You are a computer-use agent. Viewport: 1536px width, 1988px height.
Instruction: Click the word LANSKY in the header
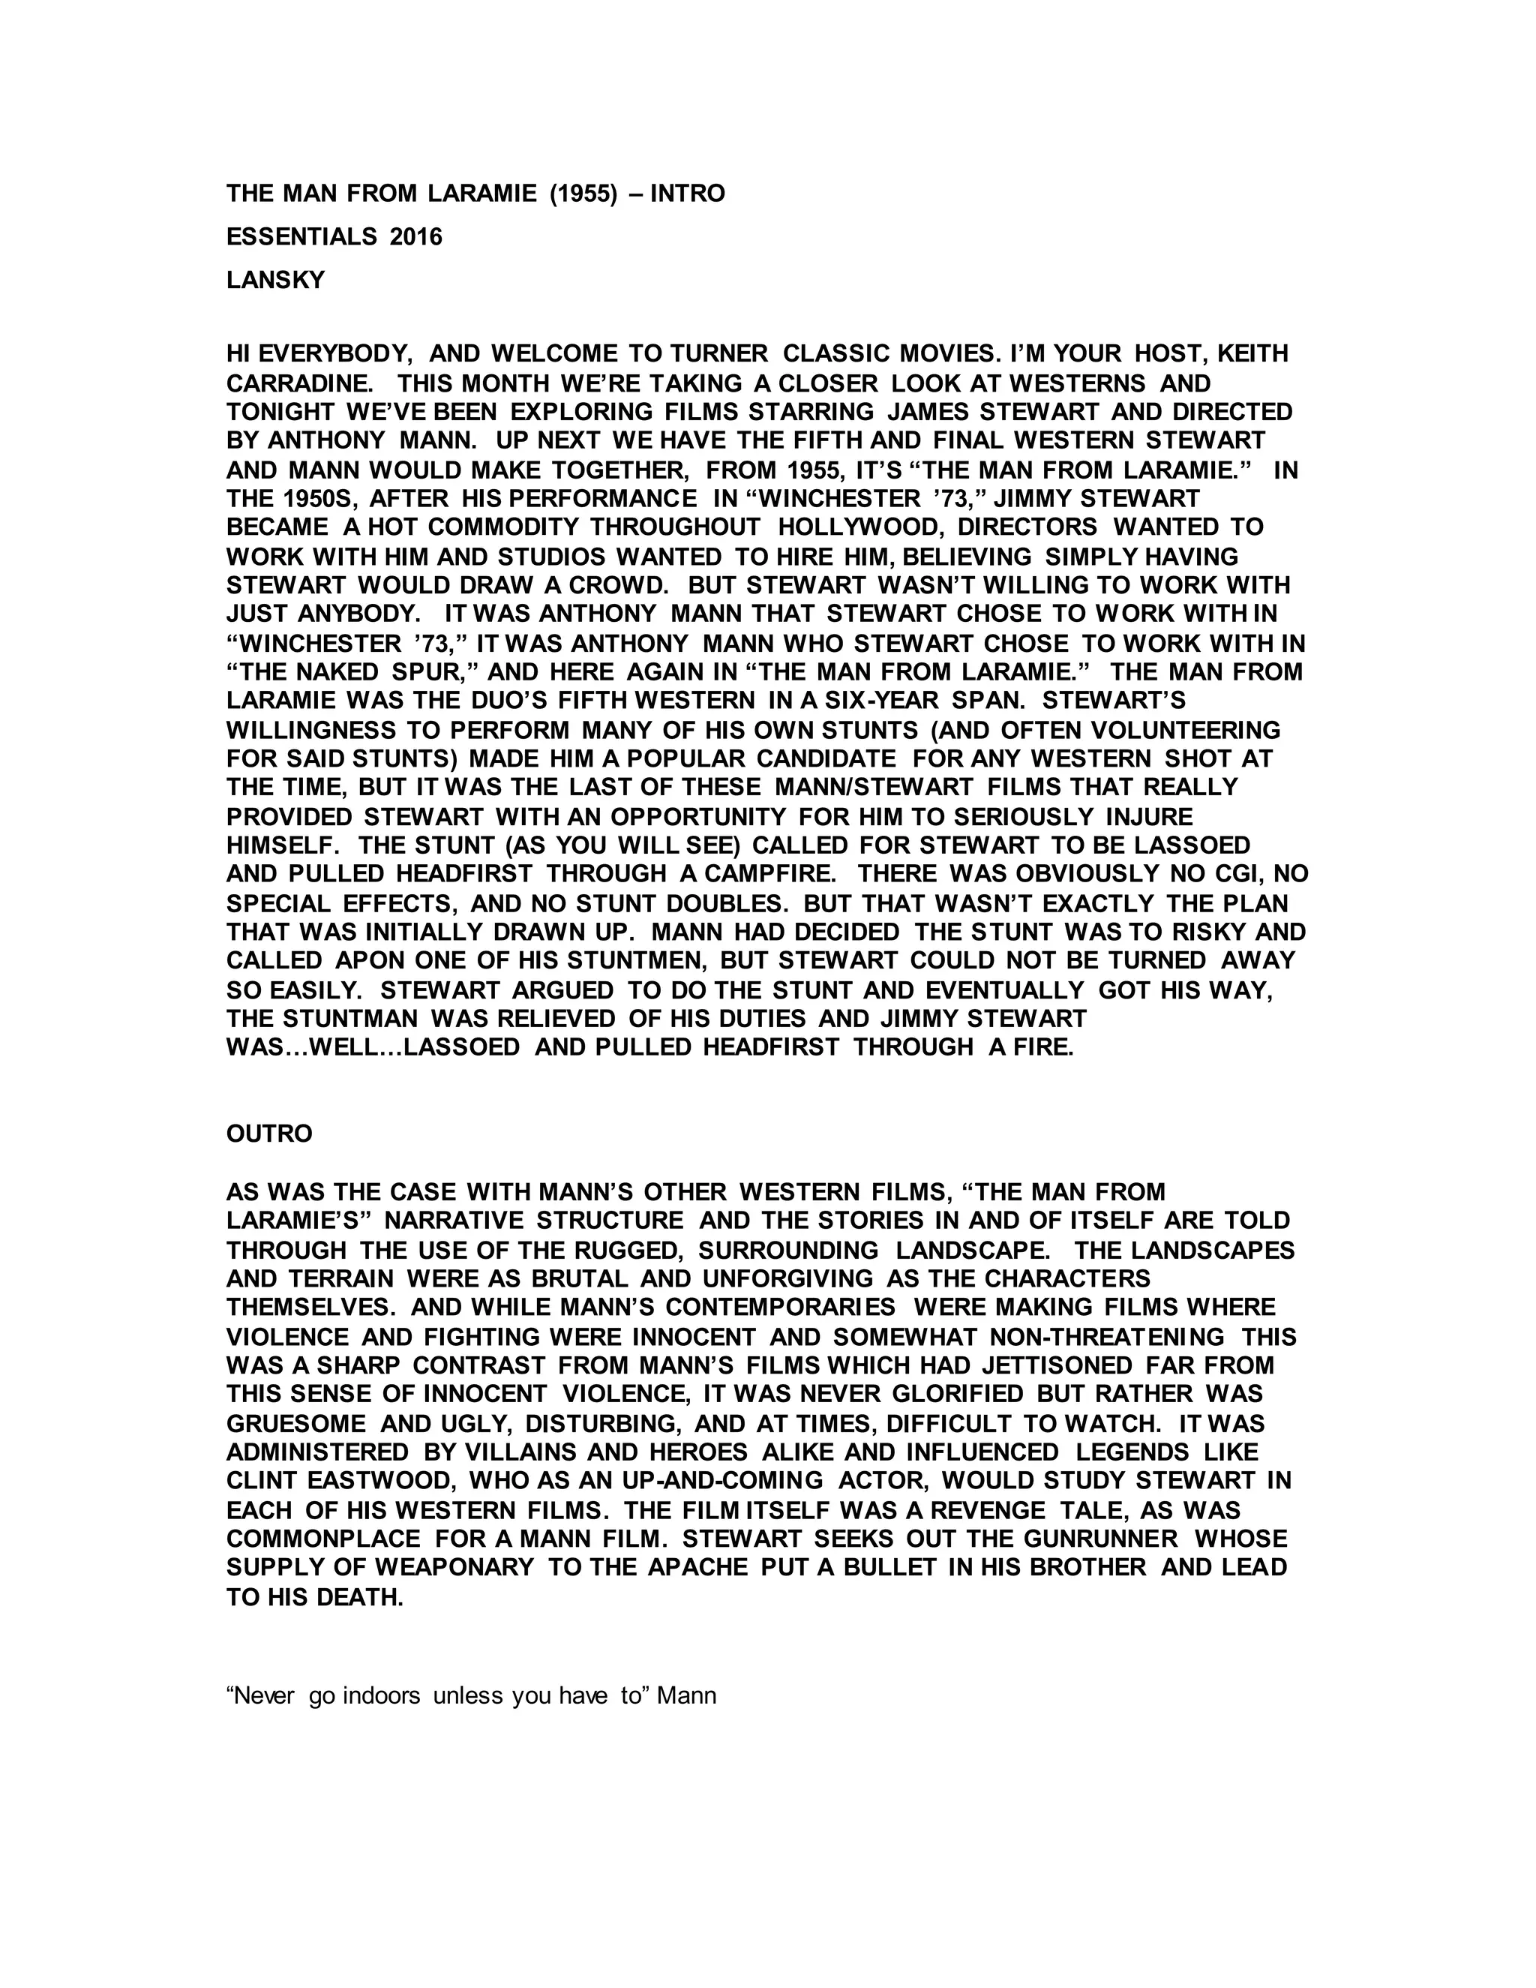(x=274, y=281)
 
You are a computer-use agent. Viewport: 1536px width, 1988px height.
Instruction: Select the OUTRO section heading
(x=269, y=1134)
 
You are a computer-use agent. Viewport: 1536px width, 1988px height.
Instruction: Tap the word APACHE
(x=695, y=1567)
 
